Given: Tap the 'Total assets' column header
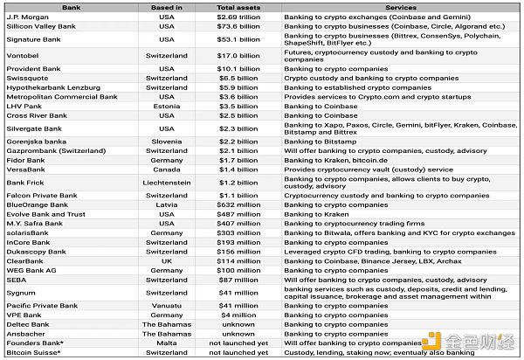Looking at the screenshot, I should tap(238, 6).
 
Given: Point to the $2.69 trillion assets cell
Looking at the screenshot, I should tap(238, 16).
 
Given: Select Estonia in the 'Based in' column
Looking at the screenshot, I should tap(166, 106).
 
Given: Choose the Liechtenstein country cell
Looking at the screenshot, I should tap(166, 183).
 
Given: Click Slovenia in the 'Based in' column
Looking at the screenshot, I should tap(166, 141).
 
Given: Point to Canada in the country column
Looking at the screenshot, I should tap(166, 169).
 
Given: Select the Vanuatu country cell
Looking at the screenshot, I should tap(166, 305).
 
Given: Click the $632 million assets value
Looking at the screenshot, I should tap(238, 205).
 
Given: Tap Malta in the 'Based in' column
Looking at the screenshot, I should tap(166, 343).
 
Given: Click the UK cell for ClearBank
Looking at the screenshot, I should tap(166, 260).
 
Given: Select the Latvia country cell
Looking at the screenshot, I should tap(166, 205).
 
